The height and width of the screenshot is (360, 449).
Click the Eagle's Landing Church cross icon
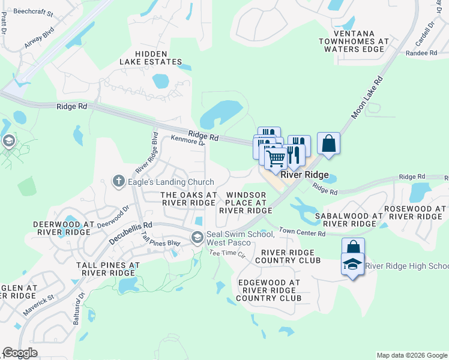(119, 180)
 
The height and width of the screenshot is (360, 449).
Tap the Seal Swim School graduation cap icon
(197, 238)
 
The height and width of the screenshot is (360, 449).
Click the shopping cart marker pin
(276, 159)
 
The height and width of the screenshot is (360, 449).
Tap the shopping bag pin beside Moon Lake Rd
(328, 144)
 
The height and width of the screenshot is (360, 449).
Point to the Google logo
(20, 353)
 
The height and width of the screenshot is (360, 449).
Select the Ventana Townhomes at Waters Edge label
(354, 41)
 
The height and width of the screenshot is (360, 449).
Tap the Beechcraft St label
(34, 12)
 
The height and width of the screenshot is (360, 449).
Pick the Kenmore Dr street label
(188, 140)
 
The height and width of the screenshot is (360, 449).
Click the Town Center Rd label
(302, 233)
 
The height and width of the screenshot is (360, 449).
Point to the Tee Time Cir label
(228, 254)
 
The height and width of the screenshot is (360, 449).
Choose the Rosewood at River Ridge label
(415, 212)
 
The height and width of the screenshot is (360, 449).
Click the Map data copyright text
(411, 355)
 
